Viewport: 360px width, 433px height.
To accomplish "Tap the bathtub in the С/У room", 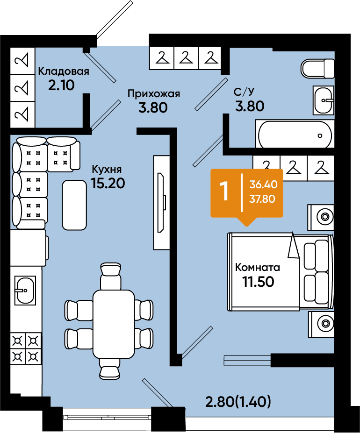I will (x=294, y=135).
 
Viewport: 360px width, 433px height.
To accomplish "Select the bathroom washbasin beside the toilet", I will (x=324, y=100).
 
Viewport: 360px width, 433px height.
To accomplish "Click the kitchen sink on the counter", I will (x=24, y=290).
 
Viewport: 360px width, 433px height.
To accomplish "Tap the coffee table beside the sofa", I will (x=75, y=205).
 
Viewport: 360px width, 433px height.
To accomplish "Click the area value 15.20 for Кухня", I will (x=108, y=183).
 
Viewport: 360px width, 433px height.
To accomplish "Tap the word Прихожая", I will (x=154, y=93).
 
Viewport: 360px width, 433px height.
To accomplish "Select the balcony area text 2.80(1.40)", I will (x=238, y=401).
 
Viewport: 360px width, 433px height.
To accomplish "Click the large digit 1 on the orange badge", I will (x=225, y=192).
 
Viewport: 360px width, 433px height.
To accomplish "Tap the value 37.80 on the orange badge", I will (x=263, y=199).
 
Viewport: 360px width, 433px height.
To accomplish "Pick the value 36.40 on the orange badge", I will (x=263, y=185).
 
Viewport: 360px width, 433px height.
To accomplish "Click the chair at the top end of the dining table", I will (x=110, y=272).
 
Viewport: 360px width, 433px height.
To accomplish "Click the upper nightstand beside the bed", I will (x=321, y=216).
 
